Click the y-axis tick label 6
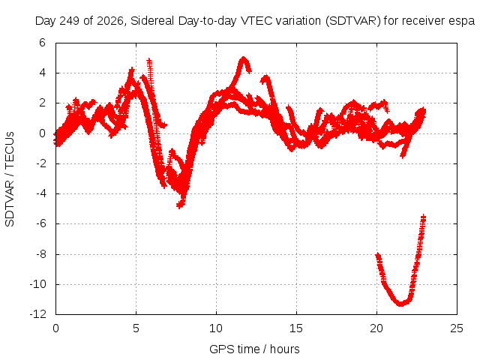tap(42, 43)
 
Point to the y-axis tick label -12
tap(38, 313)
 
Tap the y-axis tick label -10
tap(38, 283)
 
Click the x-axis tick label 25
tap(457, 328)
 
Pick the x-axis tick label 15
tap(296, 328)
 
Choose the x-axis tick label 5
tap(136, 328)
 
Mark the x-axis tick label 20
tap(376, 328)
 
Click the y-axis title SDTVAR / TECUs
tap(10, 179)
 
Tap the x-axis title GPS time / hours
tap(254, 349)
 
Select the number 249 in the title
tap(70, 21)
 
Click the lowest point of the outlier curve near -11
tap(400, 304)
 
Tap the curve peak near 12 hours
tap(243, 58)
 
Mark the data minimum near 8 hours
tap(180, 205)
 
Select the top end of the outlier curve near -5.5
tap(423, 217)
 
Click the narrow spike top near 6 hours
tap(149, 60)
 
